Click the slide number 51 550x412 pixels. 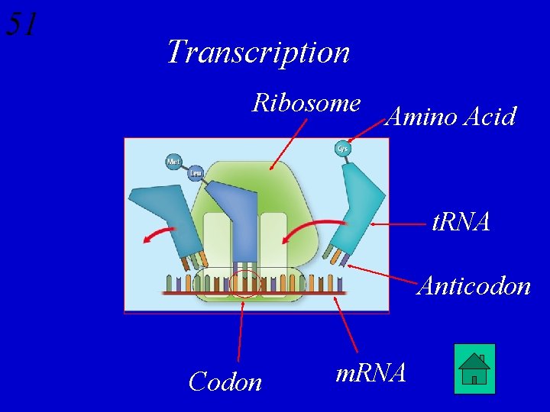[21, 24]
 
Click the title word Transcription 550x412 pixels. [258, 52]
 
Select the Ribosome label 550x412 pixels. [306, 102]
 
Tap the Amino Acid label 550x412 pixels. [451, 117]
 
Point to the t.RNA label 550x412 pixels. [461, 222]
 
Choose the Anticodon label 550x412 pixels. [474, 285]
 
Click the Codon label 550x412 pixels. [225, 381]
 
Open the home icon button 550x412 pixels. [474, 369]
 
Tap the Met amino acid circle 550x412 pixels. [174, 162]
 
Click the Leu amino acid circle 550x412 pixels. [196, 172]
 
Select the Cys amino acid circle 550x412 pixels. [342, 148]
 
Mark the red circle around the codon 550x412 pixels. [245, 282]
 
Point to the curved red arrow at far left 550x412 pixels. [161, 230]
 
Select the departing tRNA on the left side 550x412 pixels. [164, 217]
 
